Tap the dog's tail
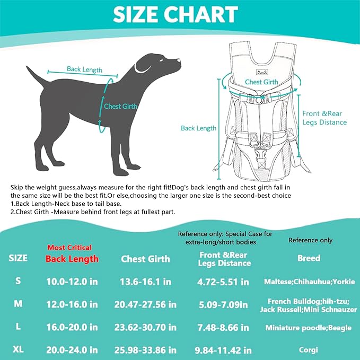click(x=36, y=77)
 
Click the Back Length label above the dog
click(x=84, y=69)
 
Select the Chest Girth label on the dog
click(x=120, y=106)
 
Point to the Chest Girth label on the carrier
click(x=261, y=82)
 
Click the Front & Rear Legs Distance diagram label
click(x=324, y=118)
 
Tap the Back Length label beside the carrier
click(x=198, y=128)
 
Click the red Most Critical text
click(x=69, y=248)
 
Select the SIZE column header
click(x=19, y=258)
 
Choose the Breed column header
click(x=309, y=258)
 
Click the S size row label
click(x=19, y=281)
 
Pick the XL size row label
click(x=19, y=350)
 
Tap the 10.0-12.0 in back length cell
click(x=72, y=282)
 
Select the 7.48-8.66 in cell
click(x=224, y=328)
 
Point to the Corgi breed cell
click(x=309, y=350)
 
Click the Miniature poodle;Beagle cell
click(x=309, y=328)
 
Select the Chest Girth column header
click(x=145, y=259)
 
